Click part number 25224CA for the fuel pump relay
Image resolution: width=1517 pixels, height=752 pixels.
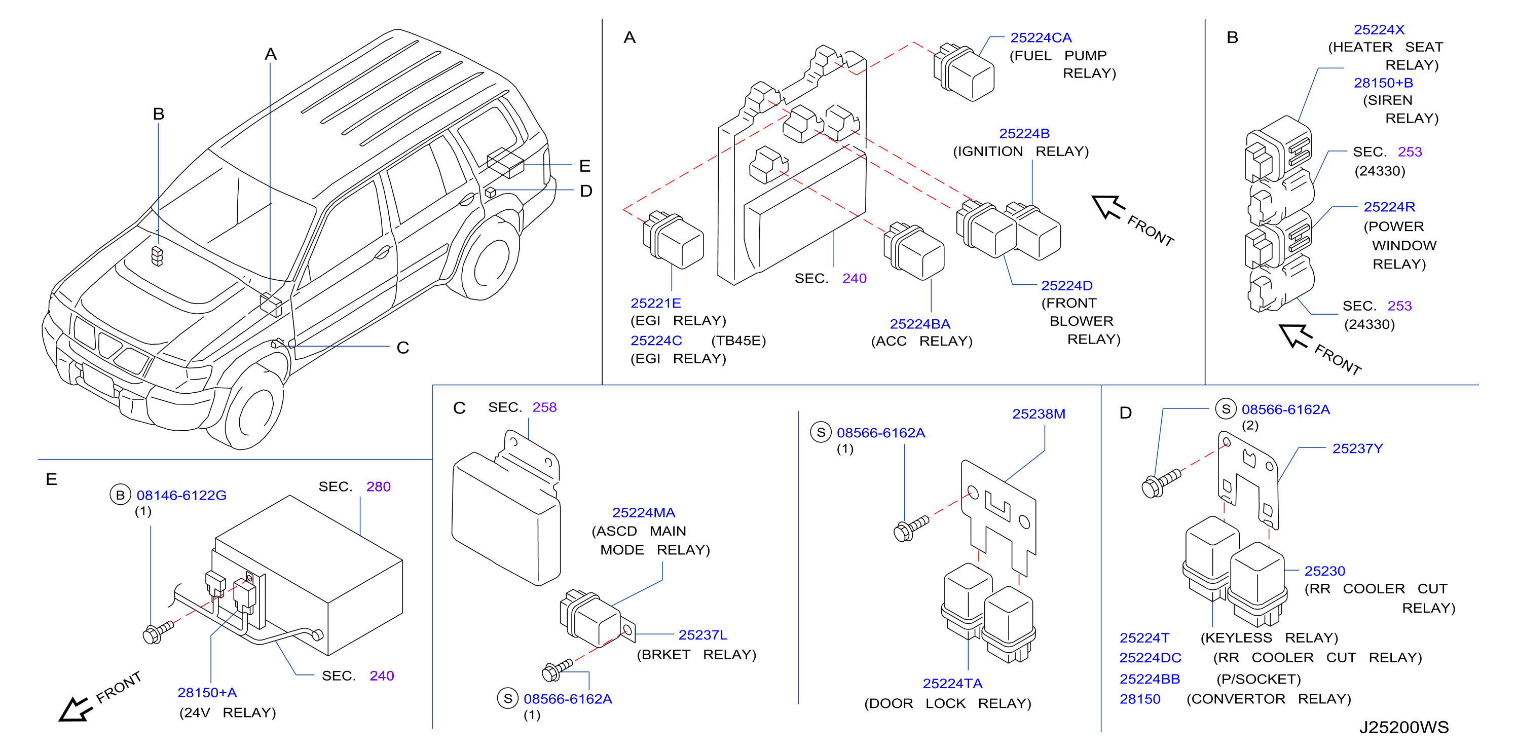pyautogui.click(x=1041, y=37)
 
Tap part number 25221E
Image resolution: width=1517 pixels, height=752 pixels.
pyautogui.click(x=655, y=303)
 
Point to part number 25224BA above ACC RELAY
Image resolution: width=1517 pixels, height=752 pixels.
pyautogui.click(x=920, y=324)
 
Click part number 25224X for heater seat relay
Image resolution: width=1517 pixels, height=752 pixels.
pyautogui.click(x=1379, y=29)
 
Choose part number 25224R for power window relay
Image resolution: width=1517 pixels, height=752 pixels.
pyautogui.click(x=1389, y=207)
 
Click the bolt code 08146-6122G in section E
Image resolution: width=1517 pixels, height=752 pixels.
pyautogui.click(x=181, y=495)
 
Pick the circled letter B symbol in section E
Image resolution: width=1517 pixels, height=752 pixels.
pyautogui.click(x=120, y=495)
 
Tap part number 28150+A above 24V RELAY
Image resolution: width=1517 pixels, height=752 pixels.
pyautogui.click(x=207, y=693)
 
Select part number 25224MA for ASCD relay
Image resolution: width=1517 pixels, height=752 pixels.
pyautogui.click(x=644, y=513)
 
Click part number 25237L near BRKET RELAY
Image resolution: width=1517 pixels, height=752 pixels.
pyautogui.click(x=702, y=635)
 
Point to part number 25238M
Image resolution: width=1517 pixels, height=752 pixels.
pyautogui.click(x=1039, y=414)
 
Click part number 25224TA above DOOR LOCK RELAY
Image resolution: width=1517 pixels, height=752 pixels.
pyautogui.click(x=952, y=684)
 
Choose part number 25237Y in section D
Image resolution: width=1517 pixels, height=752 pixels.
pyautogui.click(x=1357, y=449)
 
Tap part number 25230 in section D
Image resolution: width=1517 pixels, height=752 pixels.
pyautogui.click(x=1324, y=571)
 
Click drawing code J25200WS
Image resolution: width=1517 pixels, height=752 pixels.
pyautogui.click(x=1403, y=727)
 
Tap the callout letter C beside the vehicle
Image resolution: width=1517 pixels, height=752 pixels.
pyautogui.click(x=403, y=348)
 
